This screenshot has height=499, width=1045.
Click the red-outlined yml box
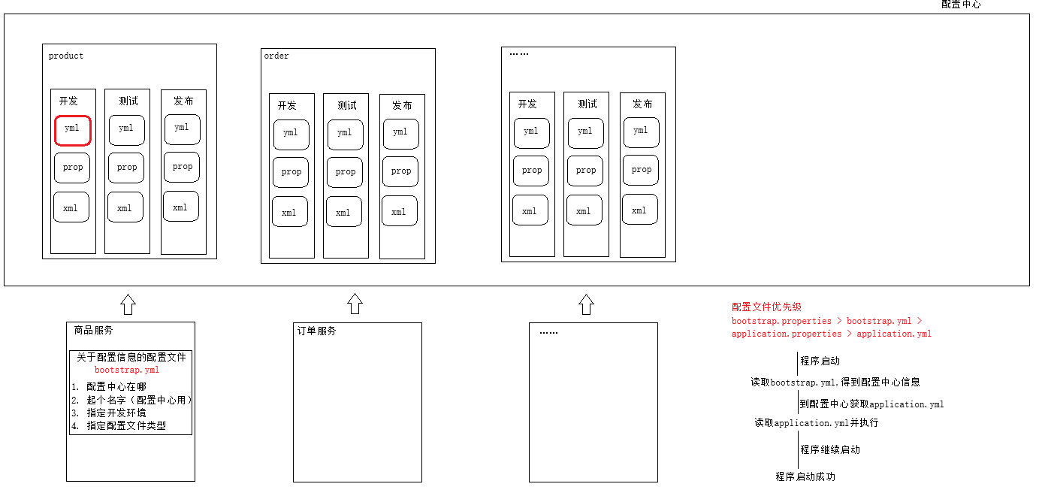(x=72, y=131)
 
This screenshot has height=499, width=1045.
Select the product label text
(x=66, y=56)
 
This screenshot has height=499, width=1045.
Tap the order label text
(x=276, y=56)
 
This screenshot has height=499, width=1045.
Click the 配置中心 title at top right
(x=961, y=5)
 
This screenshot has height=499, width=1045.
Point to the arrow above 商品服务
(x=128, y=304)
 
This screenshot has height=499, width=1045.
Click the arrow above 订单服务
(x=355, y=304)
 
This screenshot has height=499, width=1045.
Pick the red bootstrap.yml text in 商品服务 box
(x=127, y=370)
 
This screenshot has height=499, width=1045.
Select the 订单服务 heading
(x=317, y=331)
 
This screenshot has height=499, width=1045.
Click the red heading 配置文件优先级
(x=766, y=307)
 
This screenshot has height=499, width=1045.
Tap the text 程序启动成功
(x=805, y=476)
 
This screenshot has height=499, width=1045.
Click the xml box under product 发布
(x=181, y=207)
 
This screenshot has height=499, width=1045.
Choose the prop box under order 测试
(x=346, y=172)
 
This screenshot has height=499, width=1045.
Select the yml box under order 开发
(x=291, y=135)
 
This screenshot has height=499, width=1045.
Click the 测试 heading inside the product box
(x=128, y=101)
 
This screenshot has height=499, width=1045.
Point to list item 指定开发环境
(x=116, y=413)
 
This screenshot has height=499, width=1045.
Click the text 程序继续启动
(x=830, y=449)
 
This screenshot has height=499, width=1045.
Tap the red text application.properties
(x=786, y=334)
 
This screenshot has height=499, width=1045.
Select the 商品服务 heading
(x=93, y=331)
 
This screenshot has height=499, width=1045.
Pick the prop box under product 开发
(x=72, y=168)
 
